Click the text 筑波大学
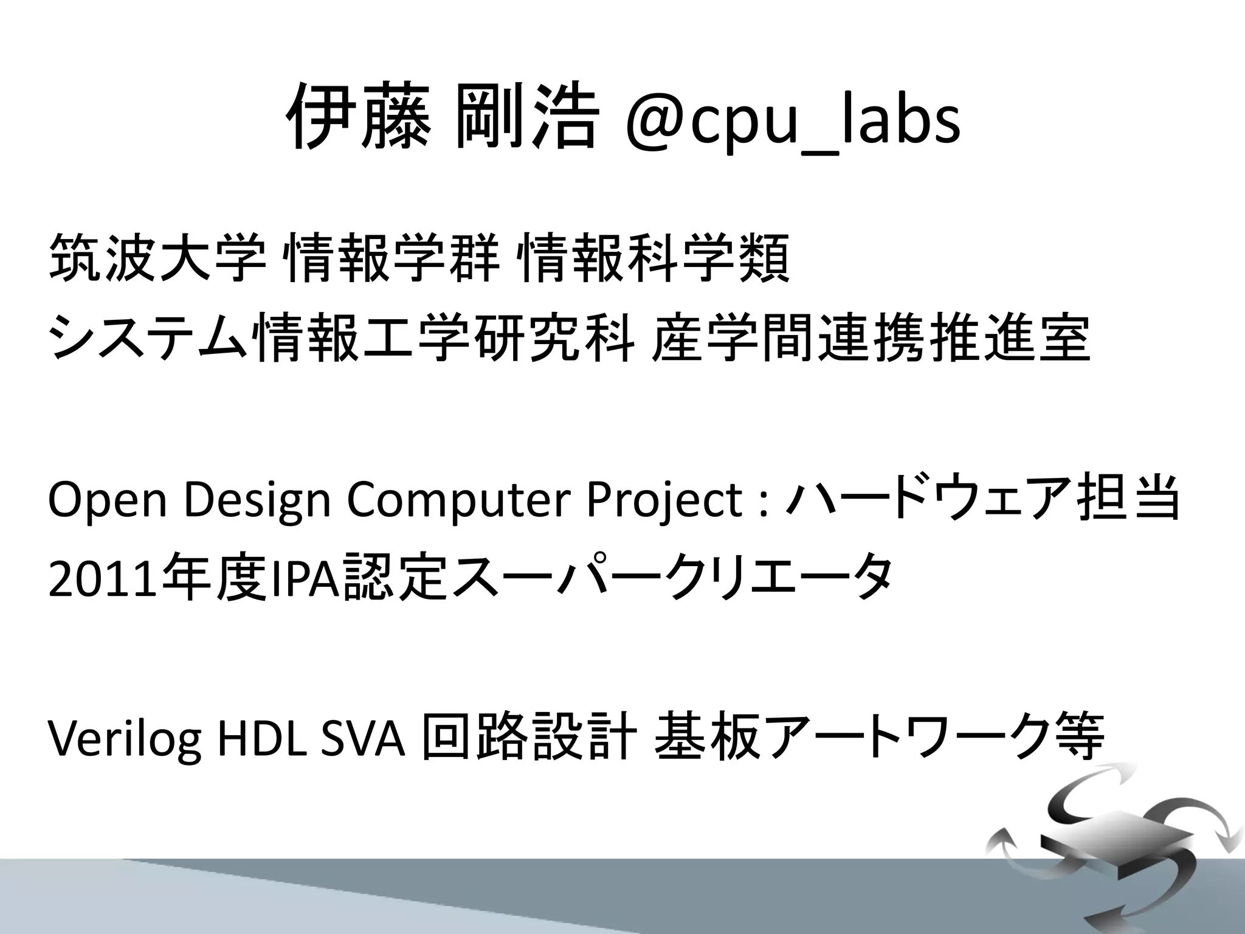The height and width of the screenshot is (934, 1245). coord(157,258)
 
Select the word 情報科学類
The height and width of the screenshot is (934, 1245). coord(654,258)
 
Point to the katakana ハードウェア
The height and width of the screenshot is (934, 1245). coord(927,500)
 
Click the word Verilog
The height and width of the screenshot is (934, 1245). coord(125,739)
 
